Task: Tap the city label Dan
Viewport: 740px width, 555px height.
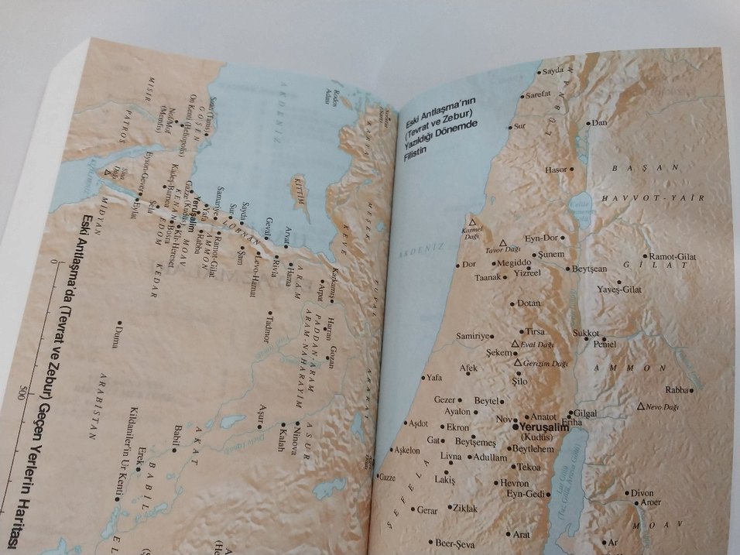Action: click(599, 122)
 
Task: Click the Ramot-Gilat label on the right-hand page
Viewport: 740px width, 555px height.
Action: click(673, 255)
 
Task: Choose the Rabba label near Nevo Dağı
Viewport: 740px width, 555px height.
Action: click(677, 390)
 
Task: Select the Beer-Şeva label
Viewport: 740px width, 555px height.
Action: click(454, 543)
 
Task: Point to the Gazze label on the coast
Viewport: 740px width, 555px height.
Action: click(388, 478)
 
